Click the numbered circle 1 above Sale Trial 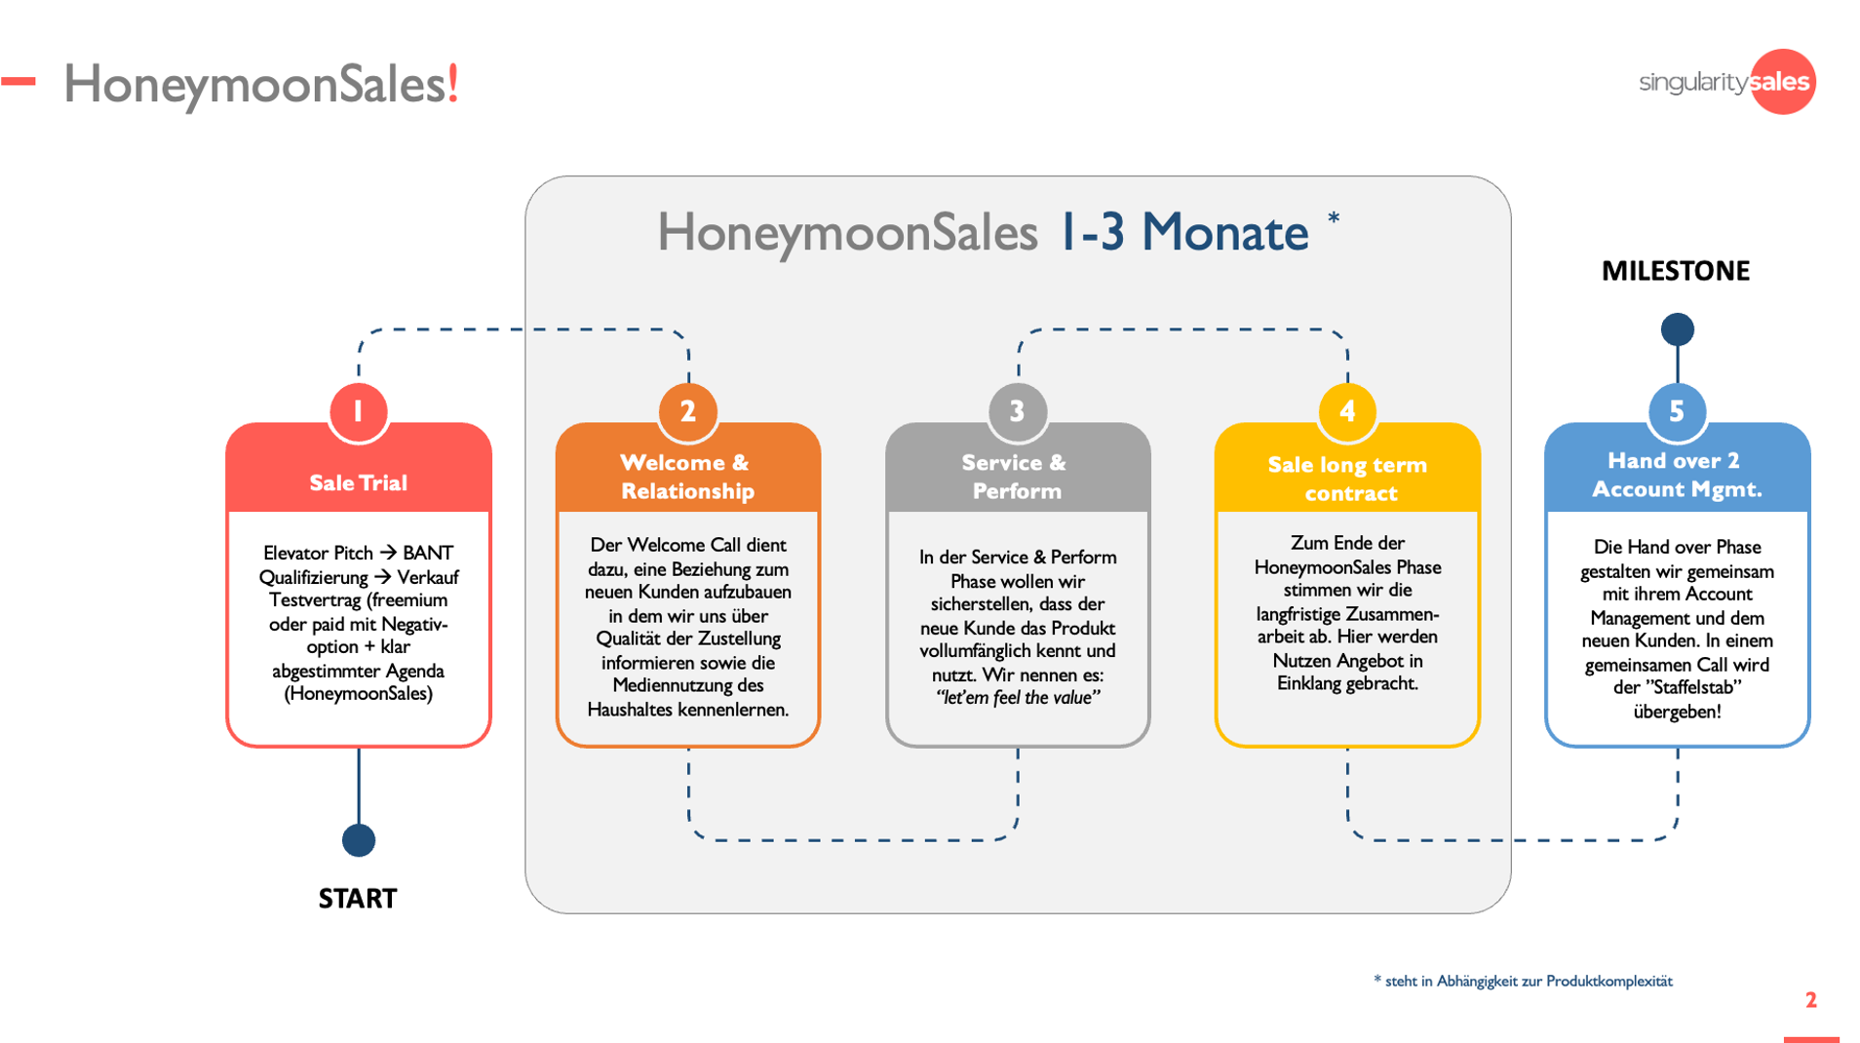[358, 411]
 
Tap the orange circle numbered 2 [687, 411]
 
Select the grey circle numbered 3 [1017, 411]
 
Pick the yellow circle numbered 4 [1347, 411]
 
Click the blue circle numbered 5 [1677, 411]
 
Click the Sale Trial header [358, 483]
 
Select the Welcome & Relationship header [687, 477]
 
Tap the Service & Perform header [1016, 477]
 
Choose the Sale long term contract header [1347, 479]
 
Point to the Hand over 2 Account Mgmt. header [1677, 475]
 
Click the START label [358, 899]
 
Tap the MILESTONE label [1676, 271]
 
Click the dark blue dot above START [359, 840]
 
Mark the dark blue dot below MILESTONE [1677, 329]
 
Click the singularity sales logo [1726, 82]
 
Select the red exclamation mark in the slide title [452, 84]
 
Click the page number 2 [1810, 1000]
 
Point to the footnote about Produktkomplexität [1523, 981]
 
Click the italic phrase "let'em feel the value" [1017, 698]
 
